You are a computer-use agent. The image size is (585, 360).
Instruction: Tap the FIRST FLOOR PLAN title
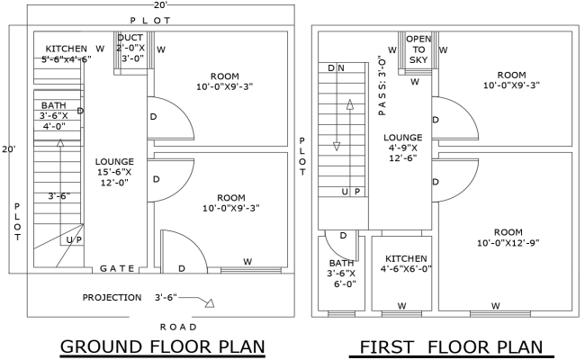[x=451, y=346]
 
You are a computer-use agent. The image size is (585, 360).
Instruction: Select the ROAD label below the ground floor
[x=176, y=326]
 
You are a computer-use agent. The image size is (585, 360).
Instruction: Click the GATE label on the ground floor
[x=118, y=268]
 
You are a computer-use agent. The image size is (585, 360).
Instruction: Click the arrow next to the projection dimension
[x=206, y=302]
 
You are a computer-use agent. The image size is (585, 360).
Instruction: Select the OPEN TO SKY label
[x=418, y=49]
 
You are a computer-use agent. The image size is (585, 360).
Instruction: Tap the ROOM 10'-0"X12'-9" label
[x=508, y=237]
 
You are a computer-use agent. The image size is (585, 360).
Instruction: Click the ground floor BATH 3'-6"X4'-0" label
[x=53, y=116]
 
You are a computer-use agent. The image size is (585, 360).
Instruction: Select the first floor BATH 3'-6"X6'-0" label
[x=342, y=273]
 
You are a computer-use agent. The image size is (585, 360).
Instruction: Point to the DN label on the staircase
[x=337, y=67]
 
